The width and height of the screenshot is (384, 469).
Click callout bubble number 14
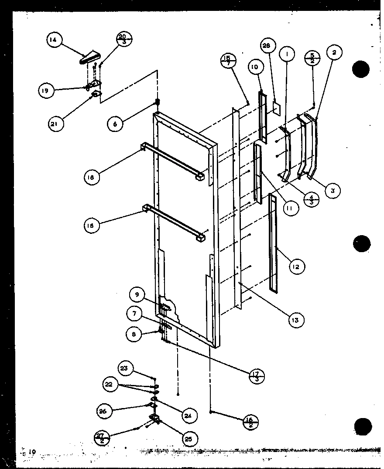click(53, 41)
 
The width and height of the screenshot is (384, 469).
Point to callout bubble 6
click(116, 124)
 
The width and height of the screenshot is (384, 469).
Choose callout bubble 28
click(268, 46)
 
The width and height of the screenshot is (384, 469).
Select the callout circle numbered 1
click(287, 54)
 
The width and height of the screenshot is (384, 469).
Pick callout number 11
click(290, 208)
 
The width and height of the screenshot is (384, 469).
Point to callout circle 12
click(296, 267)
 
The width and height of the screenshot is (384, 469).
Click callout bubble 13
click(296, 320)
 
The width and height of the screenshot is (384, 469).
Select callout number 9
click(137, 295)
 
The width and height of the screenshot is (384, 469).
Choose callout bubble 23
click(124, 368)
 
